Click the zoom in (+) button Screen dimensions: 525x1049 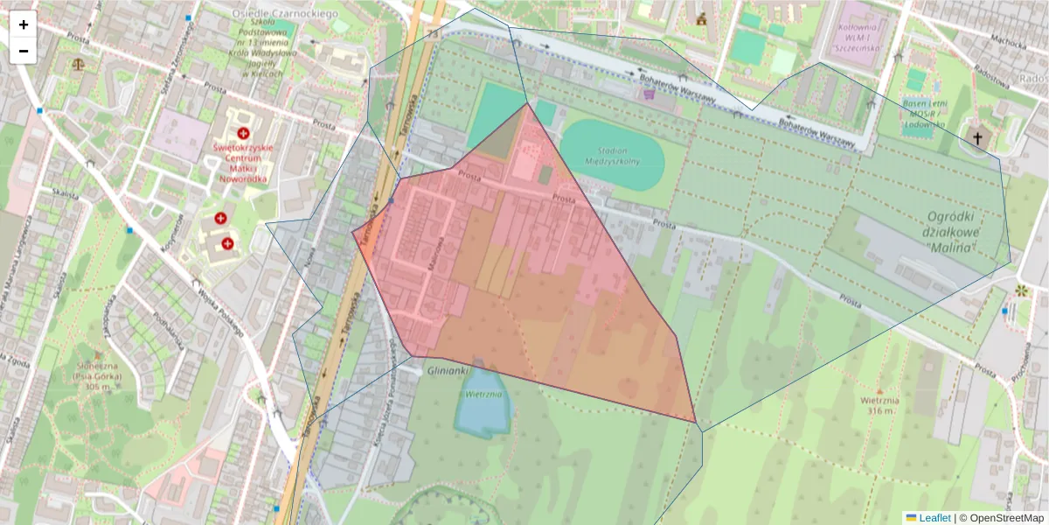click(24, 24)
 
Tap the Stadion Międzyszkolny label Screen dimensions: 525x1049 click(612, 155)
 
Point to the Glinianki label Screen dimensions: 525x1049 click(450, 370)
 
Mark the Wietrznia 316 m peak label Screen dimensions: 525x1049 click(879, 405)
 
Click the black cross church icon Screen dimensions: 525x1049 click(978, 137)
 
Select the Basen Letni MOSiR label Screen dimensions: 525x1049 click(924, 114)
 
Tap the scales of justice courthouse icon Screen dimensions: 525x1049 click(80, 64)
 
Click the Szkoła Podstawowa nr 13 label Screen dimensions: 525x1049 click(267, 52)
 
